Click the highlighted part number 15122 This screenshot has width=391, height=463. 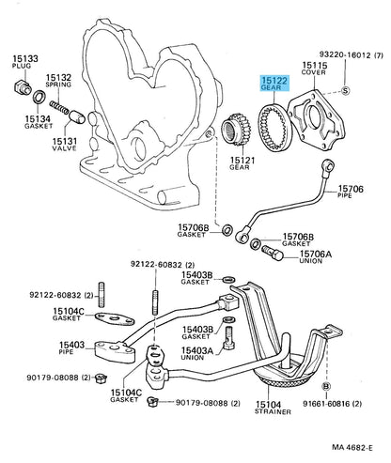pyautogui.click(x=274, y=81)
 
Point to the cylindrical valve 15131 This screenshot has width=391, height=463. pyautogui.click(x=77, y=116)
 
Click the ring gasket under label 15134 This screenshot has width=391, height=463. pyautogui.click(x=39, y=97)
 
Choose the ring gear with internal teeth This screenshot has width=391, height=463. pyautogui.click(x=274, y=127)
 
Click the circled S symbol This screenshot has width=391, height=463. pyautogui.click(x=345, y=91)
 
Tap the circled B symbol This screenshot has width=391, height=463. pyautogui.click(x=326, y=387)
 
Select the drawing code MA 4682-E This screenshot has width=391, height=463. pyautogui.click(x=352, y=448)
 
